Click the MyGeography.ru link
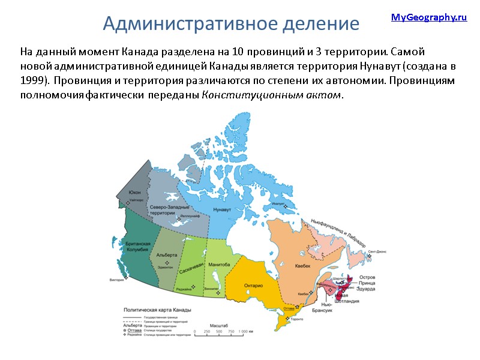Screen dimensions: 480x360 (428, 17)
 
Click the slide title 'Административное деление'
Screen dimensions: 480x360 (231, 23)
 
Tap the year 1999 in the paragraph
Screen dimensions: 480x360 (34, 80)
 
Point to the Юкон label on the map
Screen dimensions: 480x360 (134, 192)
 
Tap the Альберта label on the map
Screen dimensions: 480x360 (166, 255)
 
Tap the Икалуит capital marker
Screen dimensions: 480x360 (286, 207)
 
